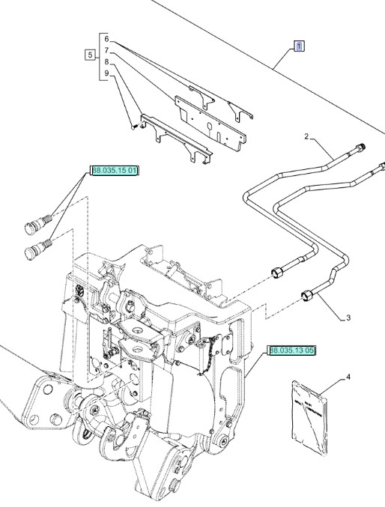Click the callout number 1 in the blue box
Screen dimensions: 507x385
tap(298, 46)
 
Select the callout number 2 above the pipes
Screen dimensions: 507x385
tap(306, 136)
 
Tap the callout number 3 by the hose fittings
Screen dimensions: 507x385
tap(348, 318)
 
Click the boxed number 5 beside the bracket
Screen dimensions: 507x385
tap(91, 55)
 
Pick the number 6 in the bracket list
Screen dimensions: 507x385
tap(106, 38)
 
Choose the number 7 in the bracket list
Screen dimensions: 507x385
tap(106, 49)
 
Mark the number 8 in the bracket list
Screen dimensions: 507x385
tap(106, 61)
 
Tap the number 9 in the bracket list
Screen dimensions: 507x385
tap(106, 73)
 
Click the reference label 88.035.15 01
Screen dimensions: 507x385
tap(115, 171)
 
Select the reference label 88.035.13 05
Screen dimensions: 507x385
tap(292, 350)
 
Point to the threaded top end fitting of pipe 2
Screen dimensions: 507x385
tap(363, 147)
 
